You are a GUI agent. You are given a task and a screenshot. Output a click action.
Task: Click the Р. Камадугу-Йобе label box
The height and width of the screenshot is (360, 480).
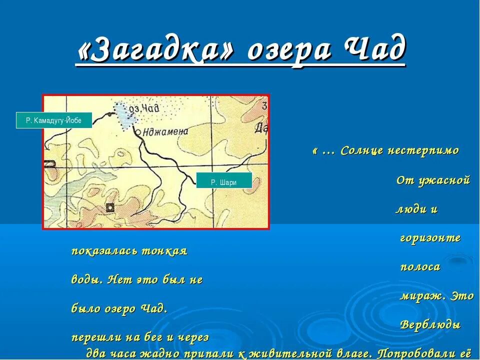click(x=54, y=120)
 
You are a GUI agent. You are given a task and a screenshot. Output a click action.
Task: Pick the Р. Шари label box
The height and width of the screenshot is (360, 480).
click(x=224, y=182)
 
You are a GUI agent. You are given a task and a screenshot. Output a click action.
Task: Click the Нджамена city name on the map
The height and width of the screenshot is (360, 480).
click(x=165, y=132)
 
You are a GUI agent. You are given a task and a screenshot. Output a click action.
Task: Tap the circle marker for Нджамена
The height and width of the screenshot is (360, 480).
click(x=137, y=133)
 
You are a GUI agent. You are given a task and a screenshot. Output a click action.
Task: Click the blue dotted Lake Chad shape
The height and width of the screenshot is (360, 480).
click(x=124, y=115)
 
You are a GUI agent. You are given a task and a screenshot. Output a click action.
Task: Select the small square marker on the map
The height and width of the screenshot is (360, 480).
click(x=109, y=207)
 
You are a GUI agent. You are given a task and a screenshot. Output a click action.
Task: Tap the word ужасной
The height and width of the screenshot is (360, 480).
click(x=443, y=180)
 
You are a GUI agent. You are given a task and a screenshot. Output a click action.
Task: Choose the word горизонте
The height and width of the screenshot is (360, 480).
click(x=430, y=238)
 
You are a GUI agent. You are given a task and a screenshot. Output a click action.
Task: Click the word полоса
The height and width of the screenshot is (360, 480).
click(x=420, y=267)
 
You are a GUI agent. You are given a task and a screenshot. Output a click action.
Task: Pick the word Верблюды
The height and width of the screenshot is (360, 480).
click(x=430, y=325)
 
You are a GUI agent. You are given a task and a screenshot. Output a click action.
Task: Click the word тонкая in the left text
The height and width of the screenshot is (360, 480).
click(x=165, y=251)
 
